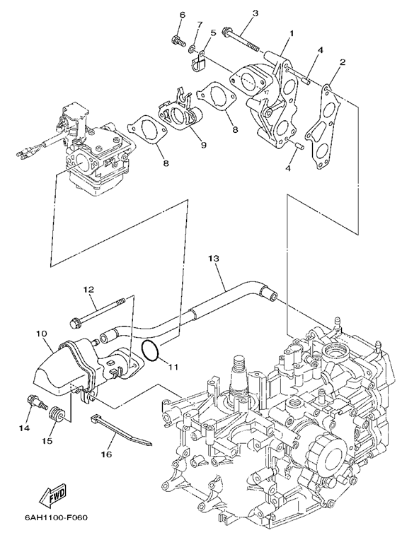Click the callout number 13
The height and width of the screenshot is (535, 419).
(x=214, y=258)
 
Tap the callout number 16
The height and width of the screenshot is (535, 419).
(x=106, y=454)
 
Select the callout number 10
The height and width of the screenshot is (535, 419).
(x=41, y=333)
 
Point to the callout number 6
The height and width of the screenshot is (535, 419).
(x=182, y=15)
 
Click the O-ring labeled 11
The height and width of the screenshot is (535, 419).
(x=150, y=351)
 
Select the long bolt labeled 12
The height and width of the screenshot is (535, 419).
(x=100, y=311)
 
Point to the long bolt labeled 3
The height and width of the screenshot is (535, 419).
(x=240, y=40)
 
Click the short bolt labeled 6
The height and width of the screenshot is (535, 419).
(x=178, y=41)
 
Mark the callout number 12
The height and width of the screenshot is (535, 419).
(x=89, y=289)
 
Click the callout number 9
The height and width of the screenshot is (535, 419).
(x=204, y=145)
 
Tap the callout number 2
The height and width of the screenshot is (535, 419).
(x=343, y=61)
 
